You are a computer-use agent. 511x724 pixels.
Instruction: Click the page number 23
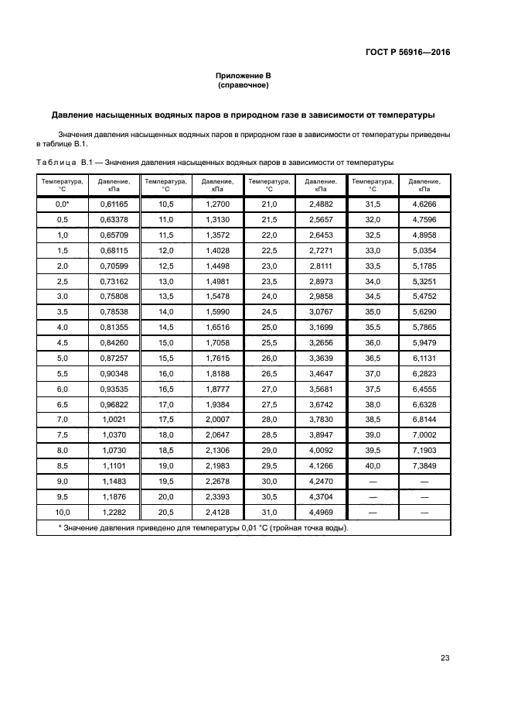[x=445, y=658]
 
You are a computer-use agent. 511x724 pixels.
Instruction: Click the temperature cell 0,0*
[x=62, y=204]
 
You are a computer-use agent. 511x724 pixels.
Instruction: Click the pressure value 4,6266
[x=424, y=204]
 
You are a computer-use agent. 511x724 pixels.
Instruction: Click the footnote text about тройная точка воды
[x=203, y=528]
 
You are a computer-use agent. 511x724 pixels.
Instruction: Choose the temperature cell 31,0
[x=269, y=513]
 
